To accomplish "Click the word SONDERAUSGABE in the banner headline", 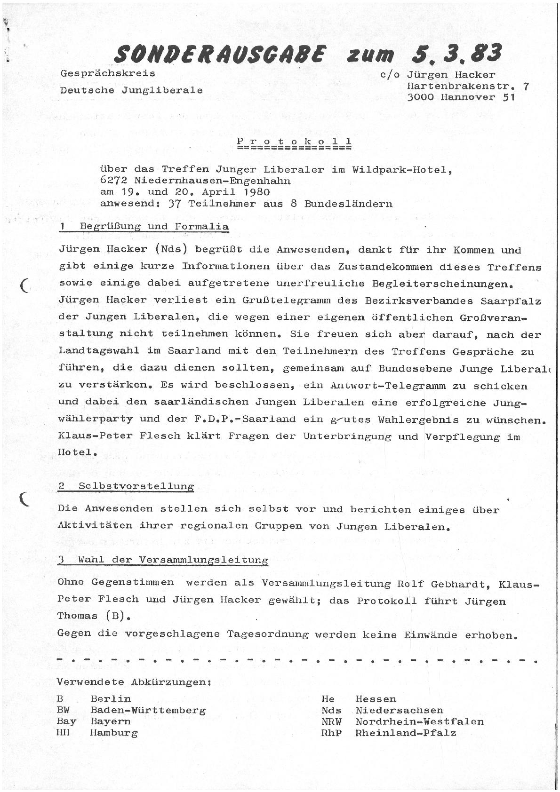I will [x=219, y=55].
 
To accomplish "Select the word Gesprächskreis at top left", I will [x=108, y=74].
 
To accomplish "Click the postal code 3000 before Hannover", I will [x=421, y=97].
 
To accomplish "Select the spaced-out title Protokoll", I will [x=295, y=141].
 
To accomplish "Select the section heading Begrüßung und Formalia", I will [x=154, y=227].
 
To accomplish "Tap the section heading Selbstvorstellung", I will [x=136, y=486].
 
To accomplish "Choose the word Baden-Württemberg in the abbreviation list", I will [x=148, y=710].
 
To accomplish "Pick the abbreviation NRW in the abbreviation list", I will [x=332, y=721].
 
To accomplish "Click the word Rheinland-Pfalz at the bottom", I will [x=406, y=733].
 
